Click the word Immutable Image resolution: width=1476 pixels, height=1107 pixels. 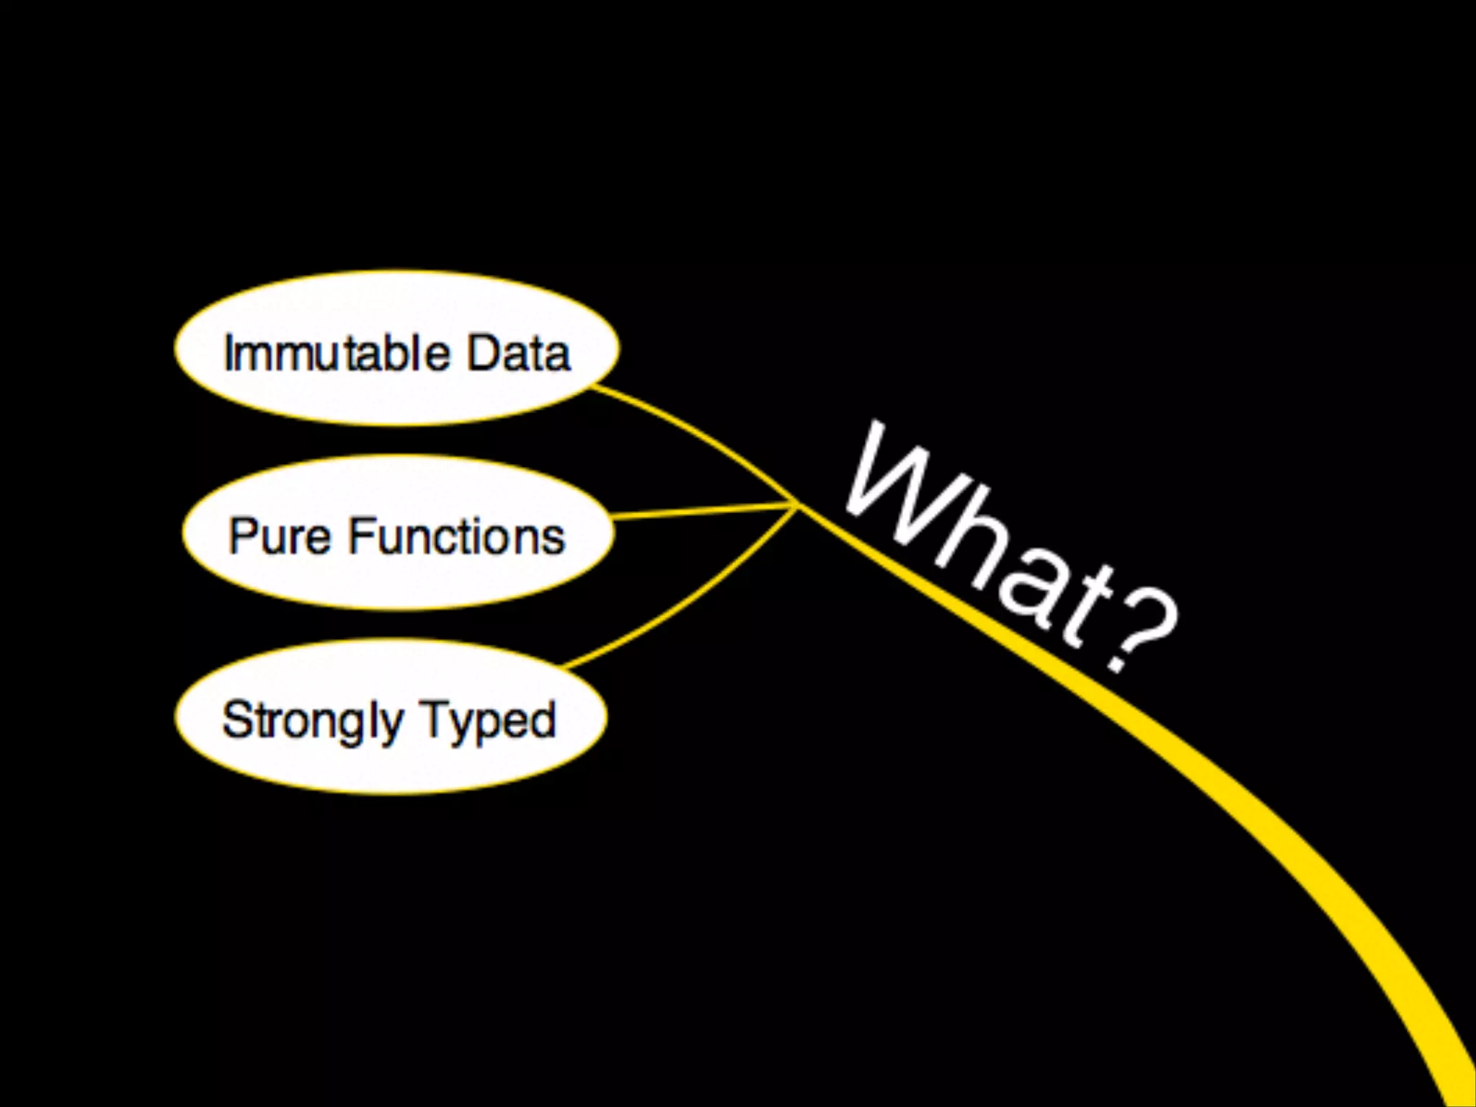pyautogui.click(x=337, y=353)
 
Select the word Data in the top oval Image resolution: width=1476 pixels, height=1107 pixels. pyautogui.click(x=519, y=353)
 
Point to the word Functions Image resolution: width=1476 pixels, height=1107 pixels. pyautogui.click(x=457, y=537)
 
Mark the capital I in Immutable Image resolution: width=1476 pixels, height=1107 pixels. pyautogui.click(x=230, y=353)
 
